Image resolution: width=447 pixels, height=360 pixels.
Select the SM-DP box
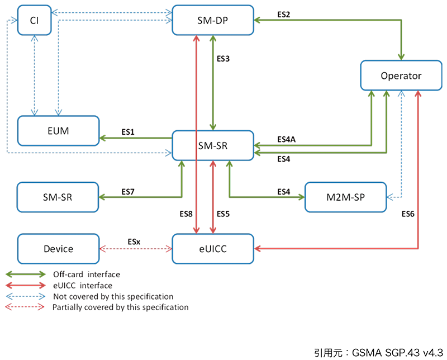tap(212, 20)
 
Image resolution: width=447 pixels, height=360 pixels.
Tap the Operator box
tap(400, 76)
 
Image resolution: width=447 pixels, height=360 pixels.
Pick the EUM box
tap(58, 131)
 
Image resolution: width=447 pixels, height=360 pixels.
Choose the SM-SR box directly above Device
tap(58, 197)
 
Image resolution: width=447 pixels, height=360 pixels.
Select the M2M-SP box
tap(345, 197)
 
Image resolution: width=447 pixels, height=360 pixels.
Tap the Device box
tap(58, 248)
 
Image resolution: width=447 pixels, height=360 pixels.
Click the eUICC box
tap(213, 248)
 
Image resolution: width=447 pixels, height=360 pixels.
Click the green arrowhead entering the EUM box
tap(104, 138)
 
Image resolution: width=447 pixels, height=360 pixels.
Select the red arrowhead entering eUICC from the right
tap(258, 248)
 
